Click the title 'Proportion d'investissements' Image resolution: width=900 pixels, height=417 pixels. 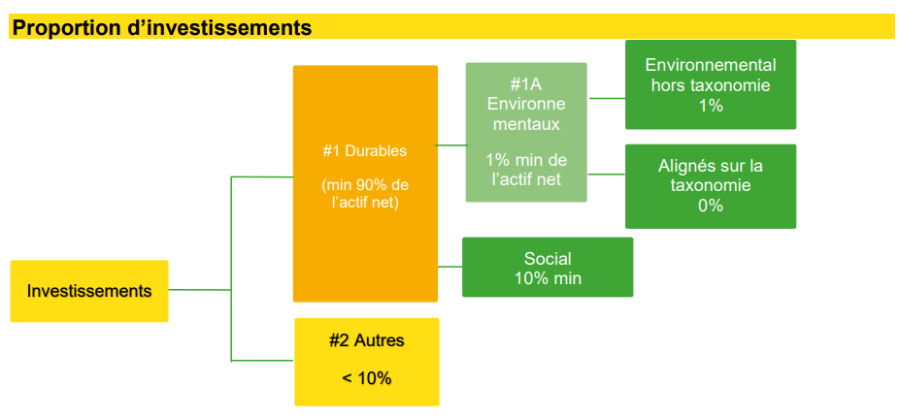[162, 27]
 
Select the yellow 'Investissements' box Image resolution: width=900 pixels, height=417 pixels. [89, 291]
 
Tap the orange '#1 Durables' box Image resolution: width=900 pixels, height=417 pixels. [366, 183]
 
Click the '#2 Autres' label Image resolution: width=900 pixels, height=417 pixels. [366, 340]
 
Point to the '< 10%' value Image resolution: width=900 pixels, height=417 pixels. [366, 378]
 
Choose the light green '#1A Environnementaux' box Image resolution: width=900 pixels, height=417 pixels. [526, 132]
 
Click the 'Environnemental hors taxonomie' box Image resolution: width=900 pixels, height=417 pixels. [711, 84]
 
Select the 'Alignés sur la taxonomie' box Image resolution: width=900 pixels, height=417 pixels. [711, 186]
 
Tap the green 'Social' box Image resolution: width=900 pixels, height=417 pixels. [548, 268]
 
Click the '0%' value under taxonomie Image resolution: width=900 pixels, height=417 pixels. [711, 206]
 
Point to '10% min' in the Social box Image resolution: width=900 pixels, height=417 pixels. [548, 278]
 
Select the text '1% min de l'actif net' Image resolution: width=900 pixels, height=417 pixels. [526, 169]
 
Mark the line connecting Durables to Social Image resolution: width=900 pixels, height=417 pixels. [450, 267]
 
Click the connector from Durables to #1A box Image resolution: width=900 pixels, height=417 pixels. [451, 145]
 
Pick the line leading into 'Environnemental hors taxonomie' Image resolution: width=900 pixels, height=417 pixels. [607, 98]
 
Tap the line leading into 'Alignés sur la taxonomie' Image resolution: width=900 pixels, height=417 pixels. [606, 174]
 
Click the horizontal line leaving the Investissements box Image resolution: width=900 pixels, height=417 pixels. [200, 290]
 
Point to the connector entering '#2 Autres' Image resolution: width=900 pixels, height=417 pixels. [262, 360]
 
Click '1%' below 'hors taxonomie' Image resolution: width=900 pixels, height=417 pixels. [711, 106]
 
